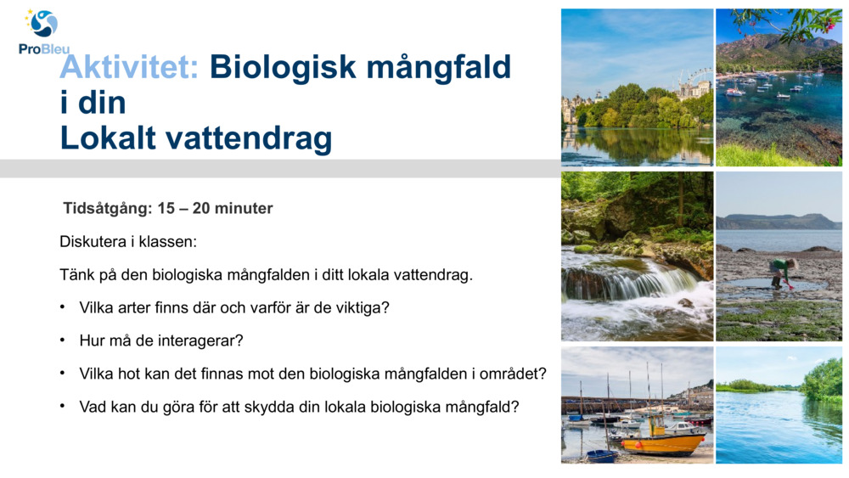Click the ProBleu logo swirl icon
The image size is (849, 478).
point(42,23)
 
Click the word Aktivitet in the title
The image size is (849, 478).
point(129,67)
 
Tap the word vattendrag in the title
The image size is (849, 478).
point(249,139)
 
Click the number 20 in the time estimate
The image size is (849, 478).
point(201,208)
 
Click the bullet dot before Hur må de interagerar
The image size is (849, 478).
point(63,340)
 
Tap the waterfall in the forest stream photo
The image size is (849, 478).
point(633,282)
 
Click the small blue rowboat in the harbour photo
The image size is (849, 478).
point(602,456)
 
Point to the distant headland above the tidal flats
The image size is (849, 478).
point(778,222)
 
